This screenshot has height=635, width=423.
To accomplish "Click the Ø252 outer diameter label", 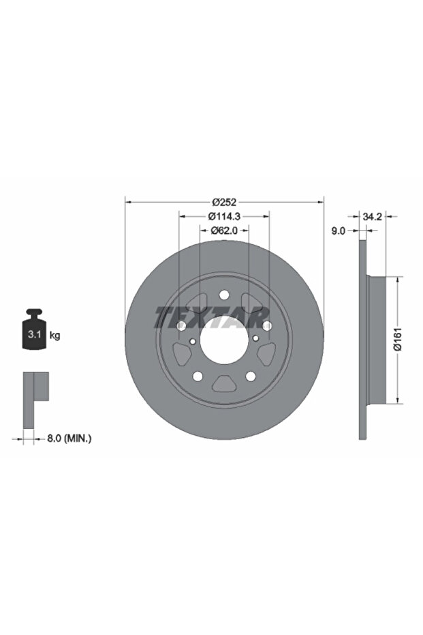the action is (224, 201).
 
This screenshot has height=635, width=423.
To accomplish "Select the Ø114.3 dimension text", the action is (224, 216).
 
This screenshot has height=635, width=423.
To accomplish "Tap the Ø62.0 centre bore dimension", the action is (224, 231).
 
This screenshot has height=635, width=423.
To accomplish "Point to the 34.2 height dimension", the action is (372, 217).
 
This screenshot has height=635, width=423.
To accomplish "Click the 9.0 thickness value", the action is (338, 231).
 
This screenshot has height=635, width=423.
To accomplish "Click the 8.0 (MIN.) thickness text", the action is (69, 438).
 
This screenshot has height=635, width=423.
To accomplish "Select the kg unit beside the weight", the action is (54, 336).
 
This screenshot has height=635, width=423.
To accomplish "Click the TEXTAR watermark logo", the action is (211, 317).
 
